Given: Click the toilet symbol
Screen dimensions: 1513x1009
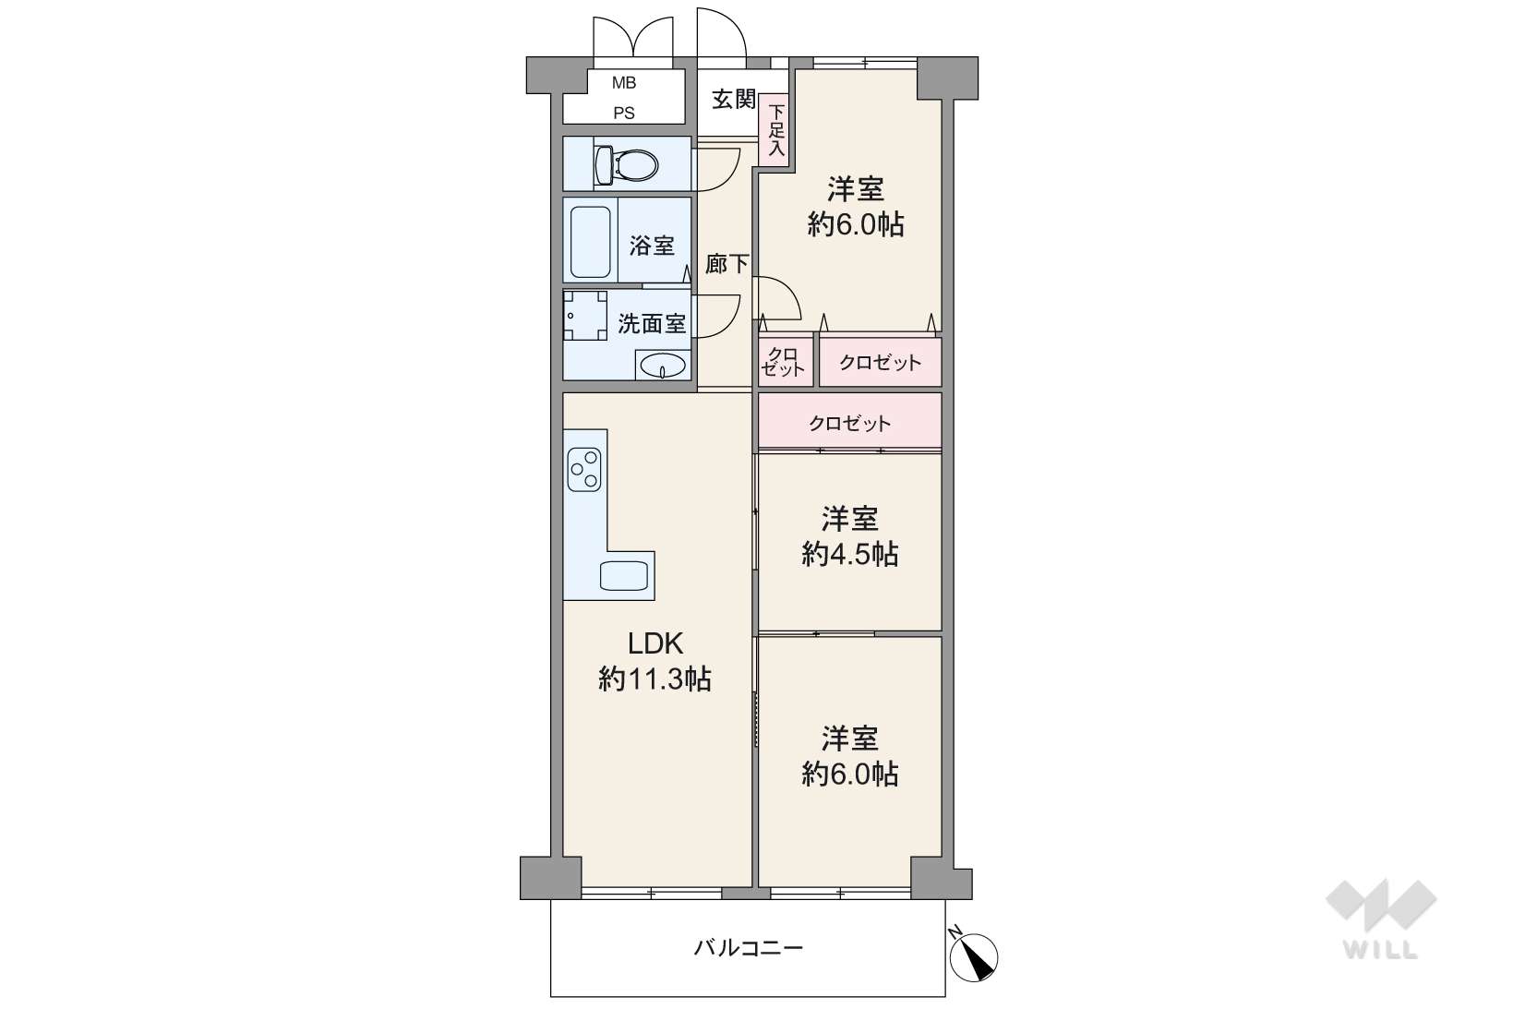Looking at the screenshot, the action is click(626, 164).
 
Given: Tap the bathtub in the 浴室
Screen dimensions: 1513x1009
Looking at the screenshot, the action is click(591, 241).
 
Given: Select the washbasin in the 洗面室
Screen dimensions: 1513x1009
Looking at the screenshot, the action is click(663, 366).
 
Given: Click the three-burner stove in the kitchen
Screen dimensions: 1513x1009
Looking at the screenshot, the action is click(584, 469).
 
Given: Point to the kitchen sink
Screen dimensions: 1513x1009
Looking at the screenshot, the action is click(623, 575).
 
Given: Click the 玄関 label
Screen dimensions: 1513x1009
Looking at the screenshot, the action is click(734, 100).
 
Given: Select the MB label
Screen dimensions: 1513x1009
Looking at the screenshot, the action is click(623, 83).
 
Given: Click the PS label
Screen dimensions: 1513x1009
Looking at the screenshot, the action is click(623, 114).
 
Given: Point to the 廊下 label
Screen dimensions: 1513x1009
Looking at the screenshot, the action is click(726, 263).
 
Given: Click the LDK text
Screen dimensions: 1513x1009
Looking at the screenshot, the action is click(655, 643).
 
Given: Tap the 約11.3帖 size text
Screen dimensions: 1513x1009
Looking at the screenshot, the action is click(654, 679).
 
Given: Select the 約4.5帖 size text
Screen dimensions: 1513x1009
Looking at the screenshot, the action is click(849, 554).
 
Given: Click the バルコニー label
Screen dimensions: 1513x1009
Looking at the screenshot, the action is click(749, 948).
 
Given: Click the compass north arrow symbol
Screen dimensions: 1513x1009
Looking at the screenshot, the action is click(973, 955).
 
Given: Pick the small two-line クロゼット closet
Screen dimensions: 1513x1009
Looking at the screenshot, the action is click(785, 362).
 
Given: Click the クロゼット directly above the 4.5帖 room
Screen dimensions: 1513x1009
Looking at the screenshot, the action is click(849, 423).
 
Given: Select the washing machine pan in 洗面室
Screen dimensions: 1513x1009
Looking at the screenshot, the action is click(585, 316).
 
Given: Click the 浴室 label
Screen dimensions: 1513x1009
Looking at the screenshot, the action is click(652, 246).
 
